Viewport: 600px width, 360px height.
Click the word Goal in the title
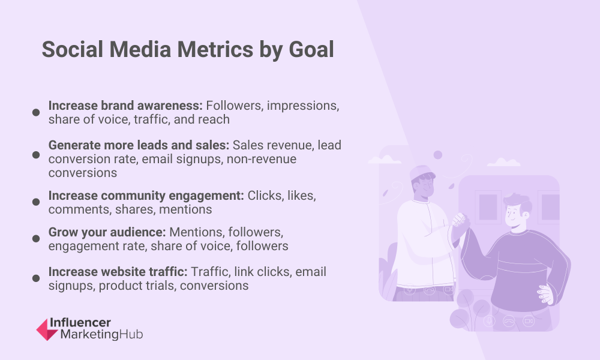pos(311,50)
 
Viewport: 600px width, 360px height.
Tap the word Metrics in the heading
pos(215,50)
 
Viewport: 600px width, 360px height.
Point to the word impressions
pos(302,106)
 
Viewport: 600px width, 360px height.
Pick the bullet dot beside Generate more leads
pos(36,155)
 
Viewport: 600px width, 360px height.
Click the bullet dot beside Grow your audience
pos(36,239)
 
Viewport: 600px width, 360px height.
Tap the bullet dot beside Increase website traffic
pos(36,278)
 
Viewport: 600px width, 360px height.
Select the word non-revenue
pos(262,159)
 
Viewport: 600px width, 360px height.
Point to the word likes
pos(302,196)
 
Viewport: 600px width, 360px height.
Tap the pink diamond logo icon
pos(47,329)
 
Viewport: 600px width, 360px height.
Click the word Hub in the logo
pos(131,334)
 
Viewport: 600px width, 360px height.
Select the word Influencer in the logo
pos(80,323)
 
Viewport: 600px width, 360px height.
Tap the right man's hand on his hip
pos(546,294)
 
